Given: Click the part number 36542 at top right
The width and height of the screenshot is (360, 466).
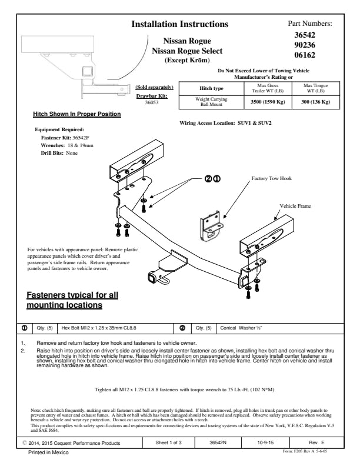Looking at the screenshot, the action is point(305,35).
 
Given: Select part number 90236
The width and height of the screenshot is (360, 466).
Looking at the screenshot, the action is point(305,45).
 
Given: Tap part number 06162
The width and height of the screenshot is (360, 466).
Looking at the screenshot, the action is point(305,55).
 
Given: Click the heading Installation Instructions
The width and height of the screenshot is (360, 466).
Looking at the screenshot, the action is point(179,24).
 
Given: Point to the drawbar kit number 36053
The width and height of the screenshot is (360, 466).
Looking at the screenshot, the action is point(152,102).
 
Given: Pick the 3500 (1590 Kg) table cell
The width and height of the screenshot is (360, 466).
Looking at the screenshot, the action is point(268,102).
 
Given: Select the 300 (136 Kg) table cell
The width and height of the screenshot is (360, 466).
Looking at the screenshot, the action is point(315,102).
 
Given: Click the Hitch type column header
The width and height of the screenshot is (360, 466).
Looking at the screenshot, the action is point(211,88).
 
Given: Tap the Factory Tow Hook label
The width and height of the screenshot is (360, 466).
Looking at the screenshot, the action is point(272,178).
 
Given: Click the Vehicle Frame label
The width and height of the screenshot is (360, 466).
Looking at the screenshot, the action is point(295,206).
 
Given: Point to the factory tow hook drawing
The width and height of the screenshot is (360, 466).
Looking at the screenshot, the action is point(211,226).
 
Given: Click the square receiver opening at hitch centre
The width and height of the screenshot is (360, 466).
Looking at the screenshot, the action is point(152,278).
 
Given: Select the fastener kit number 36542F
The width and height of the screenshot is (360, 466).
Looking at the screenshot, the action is point(81,138).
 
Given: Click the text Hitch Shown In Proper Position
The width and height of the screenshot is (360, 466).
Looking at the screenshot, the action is point(77,114).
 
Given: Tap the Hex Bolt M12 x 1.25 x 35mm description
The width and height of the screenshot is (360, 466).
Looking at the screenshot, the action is point(99,328).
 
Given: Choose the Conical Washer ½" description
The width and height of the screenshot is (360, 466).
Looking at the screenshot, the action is point(241,328).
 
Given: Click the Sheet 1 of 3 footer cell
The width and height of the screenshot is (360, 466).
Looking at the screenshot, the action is point(168,442).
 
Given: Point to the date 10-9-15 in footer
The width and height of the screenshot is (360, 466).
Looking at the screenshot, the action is point(265,442).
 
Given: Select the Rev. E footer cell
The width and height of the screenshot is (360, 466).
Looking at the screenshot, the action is point(316,442).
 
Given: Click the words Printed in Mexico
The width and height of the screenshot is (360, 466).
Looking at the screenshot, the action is point(48,452).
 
